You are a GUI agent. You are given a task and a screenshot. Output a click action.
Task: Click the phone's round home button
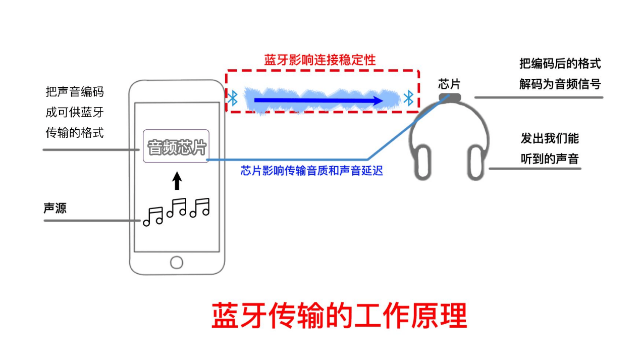click(177, 263)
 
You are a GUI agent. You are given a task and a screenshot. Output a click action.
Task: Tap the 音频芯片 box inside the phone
click(176, 146)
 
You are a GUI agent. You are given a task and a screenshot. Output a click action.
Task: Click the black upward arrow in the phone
click(177, 181)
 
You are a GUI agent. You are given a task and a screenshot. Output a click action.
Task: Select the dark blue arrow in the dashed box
click(318, 100)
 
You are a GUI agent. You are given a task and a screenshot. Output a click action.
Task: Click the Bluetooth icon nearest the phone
click(233, 98)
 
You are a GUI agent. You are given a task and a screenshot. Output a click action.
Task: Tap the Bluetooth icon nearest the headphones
click(408, 98)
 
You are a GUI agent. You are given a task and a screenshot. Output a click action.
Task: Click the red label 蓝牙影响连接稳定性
click(319, 60)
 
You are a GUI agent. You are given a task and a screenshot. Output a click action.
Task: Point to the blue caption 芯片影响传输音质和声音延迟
click(311, 171)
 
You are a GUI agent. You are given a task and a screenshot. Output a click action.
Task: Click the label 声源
click(55, 208)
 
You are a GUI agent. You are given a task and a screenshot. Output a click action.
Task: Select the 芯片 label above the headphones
click(449, 84)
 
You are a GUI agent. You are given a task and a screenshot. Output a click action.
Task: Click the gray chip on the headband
click(450, 98)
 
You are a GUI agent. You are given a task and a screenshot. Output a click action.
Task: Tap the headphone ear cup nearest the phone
click(422, 163)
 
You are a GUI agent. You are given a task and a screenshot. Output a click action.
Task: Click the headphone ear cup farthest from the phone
click(476, 163)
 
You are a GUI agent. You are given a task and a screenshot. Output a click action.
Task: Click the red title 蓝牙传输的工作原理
click(339, 316)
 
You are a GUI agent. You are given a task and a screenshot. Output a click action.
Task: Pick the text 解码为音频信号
click(560, 84)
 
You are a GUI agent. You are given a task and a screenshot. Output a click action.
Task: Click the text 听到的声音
click(550, 159)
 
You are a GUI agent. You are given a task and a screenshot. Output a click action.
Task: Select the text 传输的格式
click(75, 133)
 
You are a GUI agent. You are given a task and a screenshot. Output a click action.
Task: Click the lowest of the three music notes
click(153, 217)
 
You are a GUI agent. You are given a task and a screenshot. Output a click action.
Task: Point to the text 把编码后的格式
click(560, 64)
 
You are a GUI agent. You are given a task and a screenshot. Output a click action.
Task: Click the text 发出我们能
click(550, 138)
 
